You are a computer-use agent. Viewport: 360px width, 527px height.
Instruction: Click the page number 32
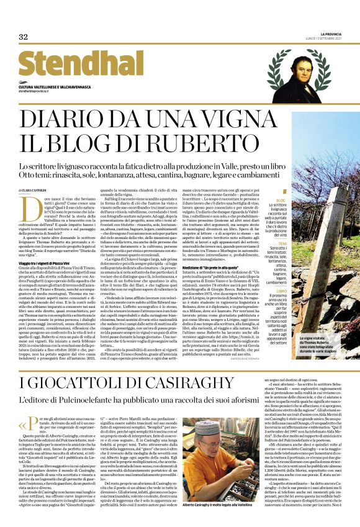23,37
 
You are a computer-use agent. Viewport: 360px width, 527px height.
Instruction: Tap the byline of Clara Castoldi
38,189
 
